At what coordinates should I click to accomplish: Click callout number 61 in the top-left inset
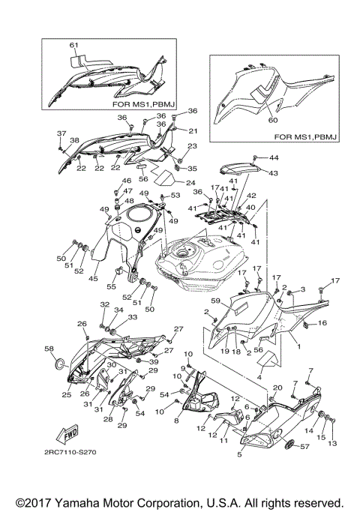[73, 46]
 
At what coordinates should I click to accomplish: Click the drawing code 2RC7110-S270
[70, 452]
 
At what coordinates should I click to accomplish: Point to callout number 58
[50, 349]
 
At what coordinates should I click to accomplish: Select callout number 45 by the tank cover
[94, 279]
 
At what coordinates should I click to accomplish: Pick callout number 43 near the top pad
[272, 173]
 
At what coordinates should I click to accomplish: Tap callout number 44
[274, 158]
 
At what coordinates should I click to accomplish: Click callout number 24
[190, 182]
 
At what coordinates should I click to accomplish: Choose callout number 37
[61, 133]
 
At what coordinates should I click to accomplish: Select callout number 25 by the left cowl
[66, 394]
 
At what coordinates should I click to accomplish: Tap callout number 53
[176, 196]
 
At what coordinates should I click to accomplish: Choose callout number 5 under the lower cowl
[239, 454]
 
